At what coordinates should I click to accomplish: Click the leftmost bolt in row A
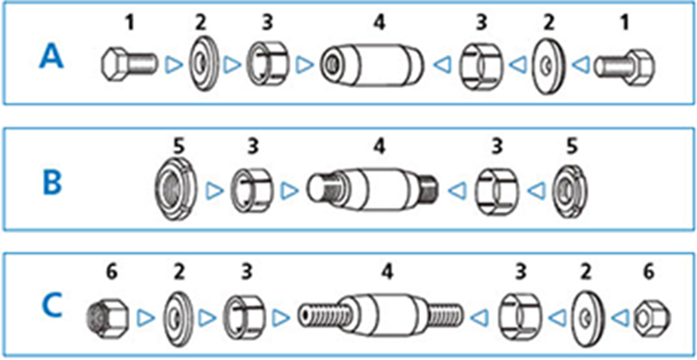pos(127,64)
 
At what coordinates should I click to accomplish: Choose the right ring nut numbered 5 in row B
pos(572,187)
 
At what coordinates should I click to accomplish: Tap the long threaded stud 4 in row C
pos(378,311)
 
